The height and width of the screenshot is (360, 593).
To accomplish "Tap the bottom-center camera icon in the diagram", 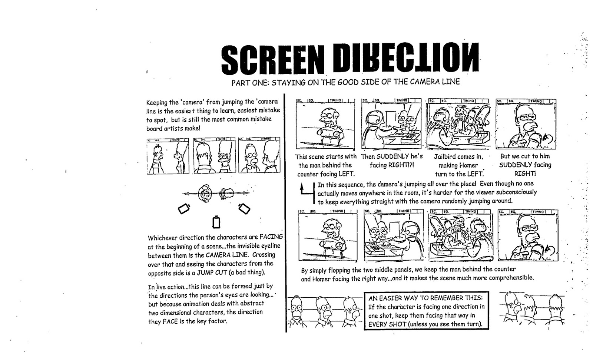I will [217, 222].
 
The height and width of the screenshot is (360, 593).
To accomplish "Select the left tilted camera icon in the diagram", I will [184, 209].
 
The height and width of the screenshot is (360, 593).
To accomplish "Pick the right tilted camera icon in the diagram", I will [244, 208].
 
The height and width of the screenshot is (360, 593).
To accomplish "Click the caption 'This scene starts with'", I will [326, 157].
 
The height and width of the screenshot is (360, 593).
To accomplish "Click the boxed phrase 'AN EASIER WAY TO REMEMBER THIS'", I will [426, 298].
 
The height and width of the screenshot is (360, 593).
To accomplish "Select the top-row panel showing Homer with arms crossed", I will [526, 125].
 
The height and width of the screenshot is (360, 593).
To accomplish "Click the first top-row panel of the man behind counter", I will [325, 125].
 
